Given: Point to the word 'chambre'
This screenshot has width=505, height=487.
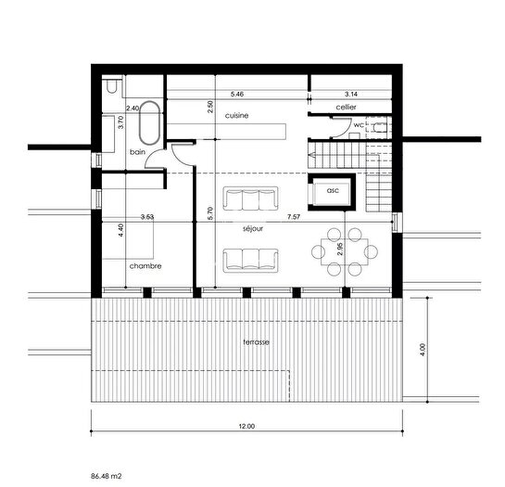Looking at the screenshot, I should click(x=145, y=265).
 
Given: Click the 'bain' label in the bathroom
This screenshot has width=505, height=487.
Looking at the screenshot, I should click(x=137, y=150).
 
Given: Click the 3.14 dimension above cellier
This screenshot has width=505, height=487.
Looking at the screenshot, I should click(x=351, y=94).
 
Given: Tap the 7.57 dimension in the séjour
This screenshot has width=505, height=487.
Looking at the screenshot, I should click(x=294, y=217).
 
